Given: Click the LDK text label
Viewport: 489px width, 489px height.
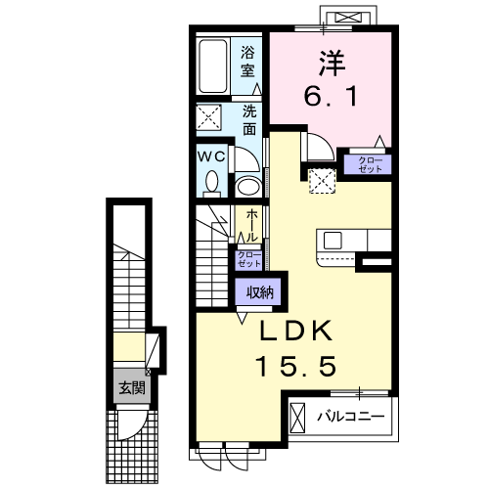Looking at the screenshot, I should [297, 331].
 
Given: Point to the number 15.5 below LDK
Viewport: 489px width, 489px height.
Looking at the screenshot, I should [296, 368].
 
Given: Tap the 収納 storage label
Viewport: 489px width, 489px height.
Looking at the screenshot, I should [259, 291].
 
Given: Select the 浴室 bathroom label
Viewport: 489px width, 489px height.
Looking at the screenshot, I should [248, 61].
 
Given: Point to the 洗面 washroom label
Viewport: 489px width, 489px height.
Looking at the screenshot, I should [250, 118].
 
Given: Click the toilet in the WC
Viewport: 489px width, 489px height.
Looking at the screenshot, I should [211, 181].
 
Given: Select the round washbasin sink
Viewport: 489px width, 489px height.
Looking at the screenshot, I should [248, 185].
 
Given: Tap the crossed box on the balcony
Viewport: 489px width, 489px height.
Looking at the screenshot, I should [298, 419].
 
